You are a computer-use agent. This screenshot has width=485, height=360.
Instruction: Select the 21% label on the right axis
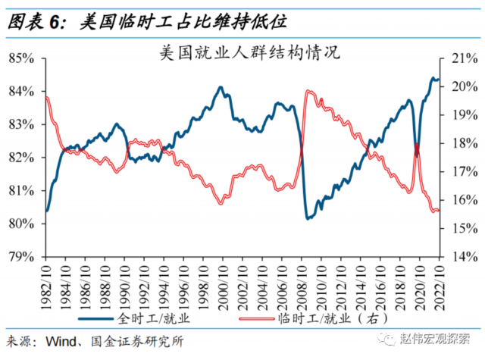(463, 58)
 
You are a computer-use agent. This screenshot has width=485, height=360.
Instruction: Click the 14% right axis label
(463, 257)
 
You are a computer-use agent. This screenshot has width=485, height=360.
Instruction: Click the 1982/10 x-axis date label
(46, 284)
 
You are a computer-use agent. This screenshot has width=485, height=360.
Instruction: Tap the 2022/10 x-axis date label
(438, 284)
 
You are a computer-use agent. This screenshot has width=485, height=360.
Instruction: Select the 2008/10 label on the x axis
(301, 284)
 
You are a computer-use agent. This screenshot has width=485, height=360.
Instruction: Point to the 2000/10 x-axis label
(223, 284)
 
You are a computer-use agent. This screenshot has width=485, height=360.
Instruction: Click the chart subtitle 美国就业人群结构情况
(242, 53)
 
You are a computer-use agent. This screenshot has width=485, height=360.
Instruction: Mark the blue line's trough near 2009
(308, 218)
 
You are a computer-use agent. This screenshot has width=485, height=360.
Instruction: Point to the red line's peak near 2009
(308, 92)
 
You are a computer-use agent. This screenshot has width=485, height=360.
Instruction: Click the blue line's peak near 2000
(221, 87)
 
